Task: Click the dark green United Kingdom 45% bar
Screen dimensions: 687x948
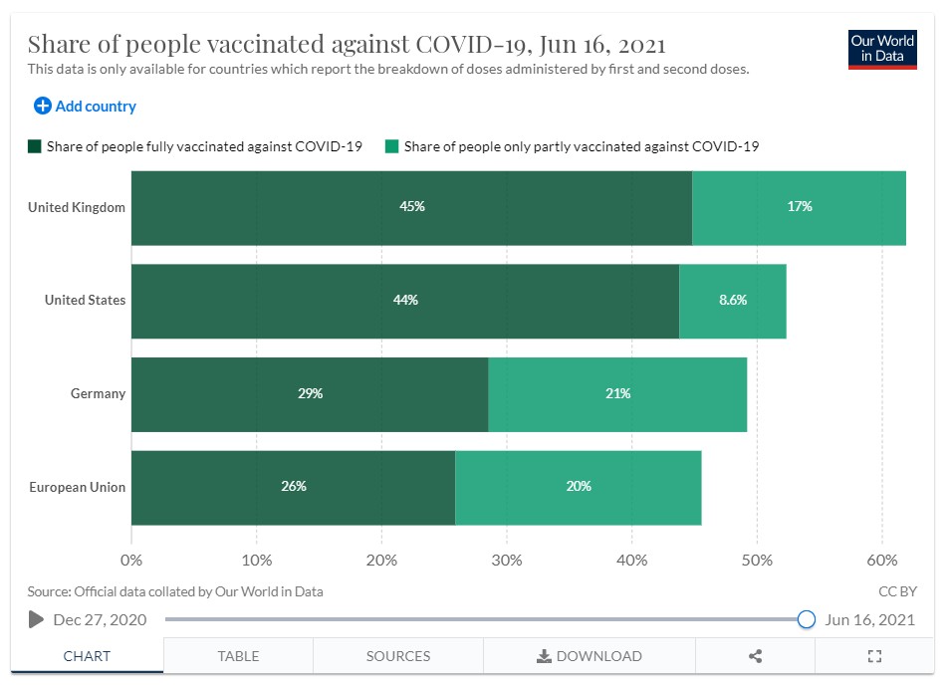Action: (x=411, y=207)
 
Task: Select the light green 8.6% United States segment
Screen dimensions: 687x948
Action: (x=733, y=301)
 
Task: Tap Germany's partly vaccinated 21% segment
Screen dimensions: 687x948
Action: (x=617, y=394)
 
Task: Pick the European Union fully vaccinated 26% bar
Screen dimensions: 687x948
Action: (x=293, y=487)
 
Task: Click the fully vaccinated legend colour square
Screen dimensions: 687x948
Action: (x=35, y=146)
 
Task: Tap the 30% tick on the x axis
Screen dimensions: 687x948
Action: (x=507, y=560)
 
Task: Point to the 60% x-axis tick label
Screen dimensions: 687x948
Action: (x=882, y=560)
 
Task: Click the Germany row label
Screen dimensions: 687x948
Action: (x=98, y=394)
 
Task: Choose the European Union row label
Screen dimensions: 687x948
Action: (x=77, y=487)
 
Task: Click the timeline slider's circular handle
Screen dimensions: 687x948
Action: (x=807, y=619)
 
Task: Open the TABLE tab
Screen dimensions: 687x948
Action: (x=238, y=656)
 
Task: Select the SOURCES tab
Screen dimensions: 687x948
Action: (x=398, y=656)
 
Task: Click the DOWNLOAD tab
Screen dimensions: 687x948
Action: (x=590, y=656)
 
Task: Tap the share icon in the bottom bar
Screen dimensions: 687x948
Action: (x=755, y=656)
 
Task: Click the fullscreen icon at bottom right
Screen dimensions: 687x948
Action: (x=875, y=656)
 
